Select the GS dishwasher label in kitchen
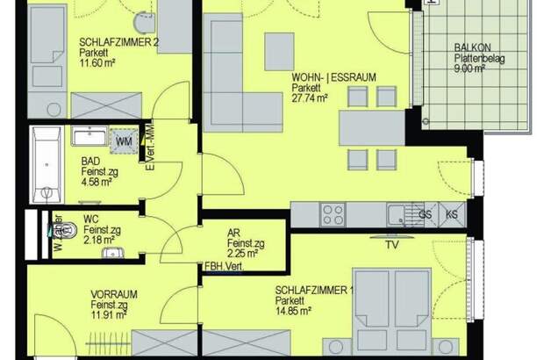pyautogui.click(x=425, y=213)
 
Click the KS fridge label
pyautogui.click(x=453, y=213)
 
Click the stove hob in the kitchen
pyautogui.click(x=332, y=213)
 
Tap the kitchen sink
pyautogui.click(x=400, y=212)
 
